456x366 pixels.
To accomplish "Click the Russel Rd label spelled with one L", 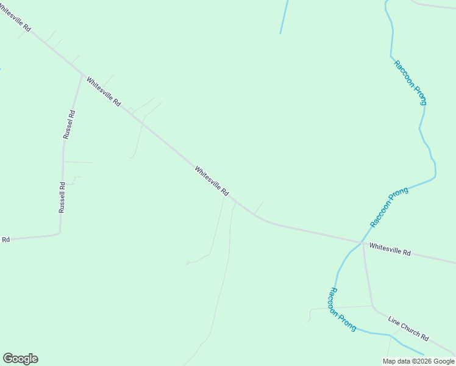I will [x=69, y=124].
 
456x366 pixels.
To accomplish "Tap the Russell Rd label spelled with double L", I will [x=62, y=197].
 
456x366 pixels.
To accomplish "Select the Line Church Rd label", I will [x=408, y=328].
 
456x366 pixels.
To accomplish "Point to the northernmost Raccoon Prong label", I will [x=410, y=83].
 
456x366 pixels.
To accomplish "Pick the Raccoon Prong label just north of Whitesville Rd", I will [x=389, y=207].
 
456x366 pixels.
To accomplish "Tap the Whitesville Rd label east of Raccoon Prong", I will [x=390, y=249].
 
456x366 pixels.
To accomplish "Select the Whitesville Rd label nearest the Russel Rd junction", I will [x=103, y=91].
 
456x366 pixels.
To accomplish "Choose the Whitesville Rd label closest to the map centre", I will [x=212, y=181].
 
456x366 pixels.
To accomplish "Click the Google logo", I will [x=20, y=359].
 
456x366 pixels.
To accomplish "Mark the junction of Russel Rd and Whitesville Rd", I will [x=82, y=75].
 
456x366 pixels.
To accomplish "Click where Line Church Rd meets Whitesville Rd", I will [x=363, y=243].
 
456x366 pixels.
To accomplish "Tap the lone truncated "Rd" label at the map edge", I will [x=6, y=240].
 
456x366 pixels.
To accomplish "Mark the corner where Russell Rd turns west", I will [x=59, y=232].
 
